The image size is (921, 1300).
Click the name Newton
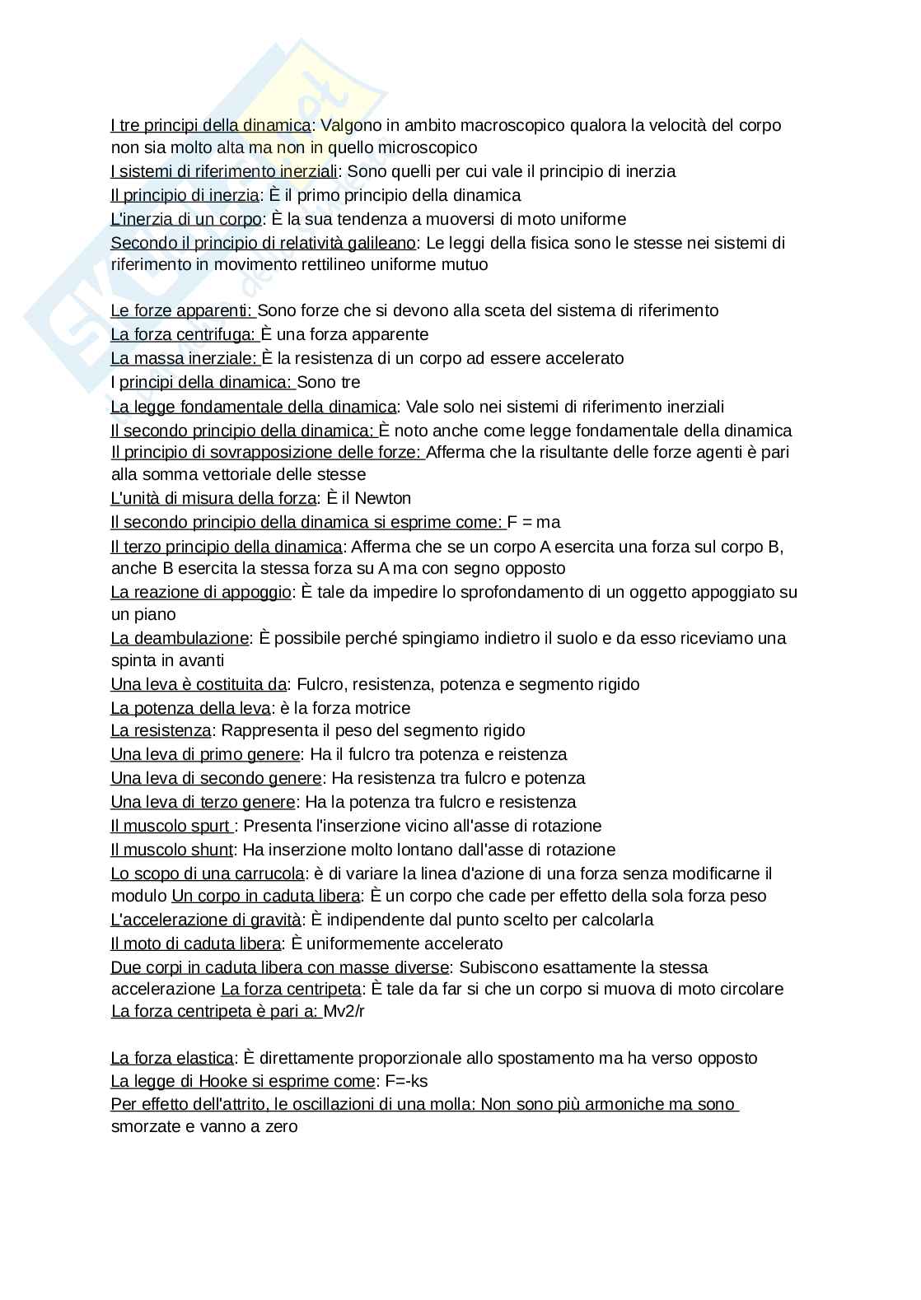(382, 498)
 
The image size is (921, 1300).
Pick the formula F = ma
(534, 522)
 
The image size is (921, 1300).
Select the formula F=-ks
(406, 1081)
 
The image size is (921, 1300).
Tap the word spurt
(211, 826)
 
